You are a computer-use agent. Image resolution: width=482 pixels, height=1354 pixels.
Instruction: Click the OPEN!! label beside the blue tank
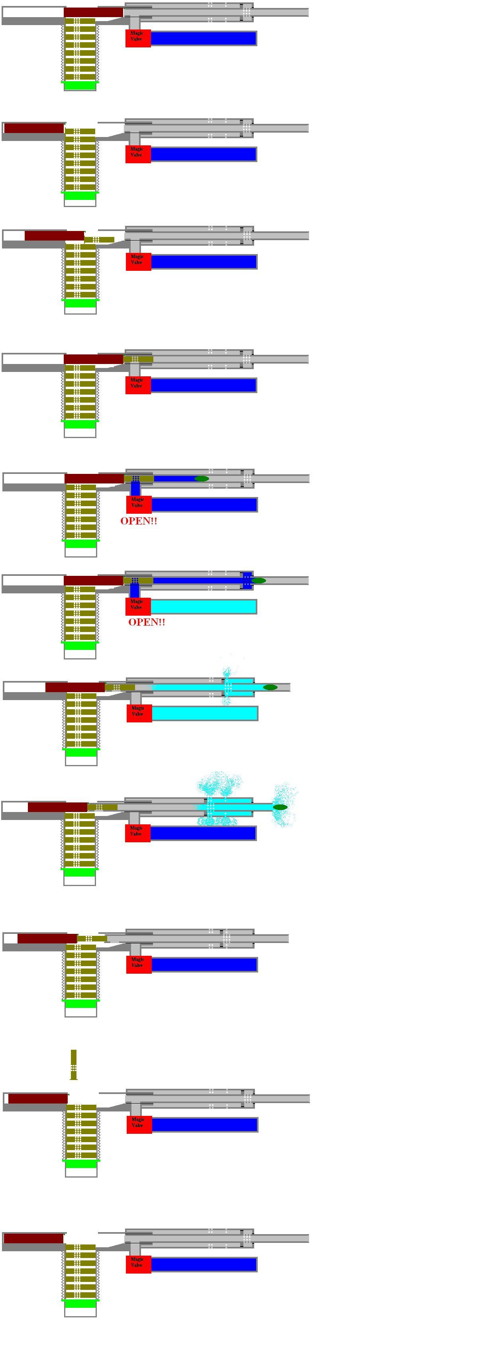point(139,521)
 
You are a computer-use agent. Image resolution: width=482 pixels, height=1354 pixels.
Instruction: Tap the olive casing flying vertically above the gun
point(74,1064)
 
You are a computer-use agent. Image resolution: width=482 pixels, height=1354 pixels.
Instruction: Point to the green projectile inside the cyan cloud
point(280,807)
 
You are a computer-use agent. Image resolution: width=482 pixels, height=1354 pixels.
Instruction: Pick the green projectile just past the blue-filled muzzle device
point(259,580)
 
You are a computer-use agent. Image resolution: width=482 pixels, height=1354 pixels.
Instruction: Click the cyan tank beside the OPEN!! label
point(204,607)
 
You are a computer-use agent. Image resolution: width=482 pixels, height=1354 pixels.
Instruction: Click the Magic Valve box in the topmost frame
point(138,38)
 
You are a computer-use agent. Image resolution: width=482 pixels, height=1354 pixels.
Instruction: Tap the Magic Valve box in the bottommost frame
point(138,1264)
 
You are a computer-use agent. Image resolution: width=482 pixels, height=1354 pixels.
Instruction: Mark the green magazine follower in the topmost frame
point(80,85)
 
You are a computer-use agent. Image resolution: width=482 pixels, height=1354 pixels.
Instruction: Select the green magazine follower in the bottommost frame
point(80,1303)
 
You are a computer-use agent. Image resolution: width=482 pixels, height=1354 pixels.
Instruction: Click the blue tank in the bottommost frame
point(204,1264)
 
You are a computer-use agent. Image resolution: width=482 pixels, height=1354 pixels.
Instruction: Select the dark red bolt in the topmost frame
point(94,12)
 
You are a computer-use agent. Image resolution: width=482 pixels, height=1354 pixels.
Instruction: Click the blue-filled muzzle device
point(247,580)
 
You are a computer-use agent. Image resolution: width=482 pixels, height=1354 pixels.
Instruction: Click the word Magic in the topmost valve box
point(137,33)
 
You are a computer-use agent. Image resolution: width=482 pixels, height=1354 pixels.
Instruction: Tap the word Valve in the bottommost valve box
point(137,1265)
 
